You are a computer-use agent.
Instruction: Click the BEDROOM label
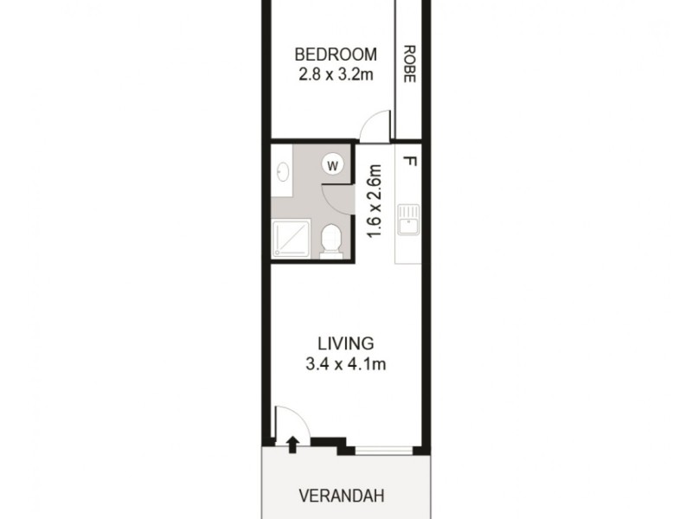pos(336,54)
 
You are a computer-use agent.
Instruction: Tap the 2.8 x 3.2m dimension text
pos(336,74)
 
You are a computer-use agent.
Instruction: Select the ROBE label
pos(408,63)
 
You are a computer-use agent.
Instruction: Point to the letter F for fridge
pos(408,162)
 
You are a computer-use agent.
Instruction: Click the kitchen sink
pos(407,220)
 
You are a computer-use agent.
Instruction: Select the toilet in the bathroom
pos(330,240)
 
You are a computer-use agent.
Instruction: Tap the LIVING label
pos(343,343)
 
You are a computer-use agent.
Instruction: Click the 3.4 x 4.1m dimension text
pos(345,364)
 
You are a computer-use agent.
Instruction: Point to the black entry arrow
pos(293,445)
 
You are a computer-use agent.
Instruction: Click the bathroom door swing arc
pos(341,195)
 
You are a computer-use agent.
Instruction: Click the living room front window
pos(383,449)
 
